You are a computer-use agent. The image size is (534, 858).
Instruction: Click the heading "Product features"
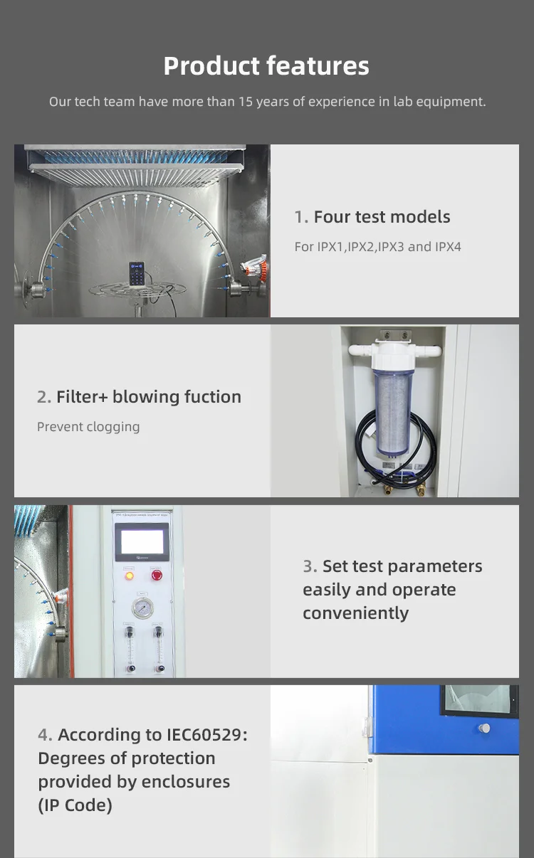[x=266, y=66]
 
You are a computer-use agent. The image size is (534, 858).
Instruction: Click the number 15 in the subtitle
[x=246, y=102]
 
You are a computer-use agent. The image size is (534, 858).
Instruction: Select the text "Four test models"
[x=382, y=217]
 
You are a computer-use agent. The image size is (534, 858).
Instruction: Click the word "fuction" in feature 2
[x=212, y=397]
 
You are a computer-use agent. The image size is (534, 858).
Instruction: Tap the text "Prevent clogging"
[x=88, y=427]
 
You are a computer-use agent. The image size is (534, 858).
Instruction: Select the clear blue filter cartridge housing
[x=394, y=413]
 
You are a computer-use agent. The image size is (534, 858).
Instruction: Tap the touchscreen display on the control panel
[x=142, y=542]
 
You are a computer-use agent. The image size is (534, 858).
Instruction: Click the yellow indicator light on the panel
[x=129, y=575]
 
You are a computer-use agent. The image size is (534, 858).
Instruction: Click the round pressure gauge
[x=142, y=608]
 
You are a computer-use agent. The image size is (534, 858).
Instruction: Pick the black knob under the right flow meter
[x=159, y=668]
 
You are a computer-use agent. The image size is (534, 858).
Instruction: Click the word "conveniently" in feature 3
[x=355, y=613]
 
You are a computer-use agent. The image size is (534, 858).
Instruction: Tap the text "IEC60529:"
[x=207, y=735]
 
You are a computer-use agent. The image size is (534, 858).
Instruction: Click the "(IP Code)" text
[x=75, y=805]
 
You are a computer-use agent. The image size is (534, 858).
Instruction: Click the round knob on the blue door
[x=484, y=728]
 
